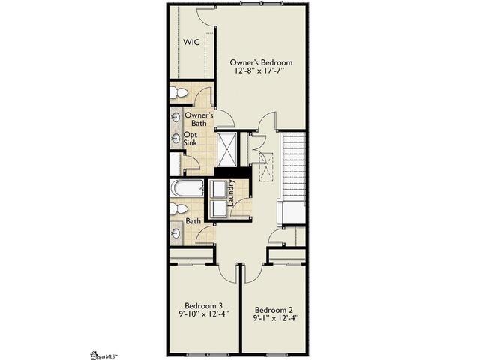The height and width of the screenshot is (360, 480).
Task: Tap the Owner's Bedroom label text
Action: tap(261, 61)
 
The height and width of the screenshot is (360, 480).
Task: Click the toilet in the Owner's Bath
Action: tap(178, 93)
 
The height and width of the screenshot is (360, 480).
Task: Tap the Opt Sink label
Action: tap(191, 139)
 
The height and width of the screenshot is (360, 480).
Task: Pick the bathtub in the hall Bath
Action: tap(187, 189)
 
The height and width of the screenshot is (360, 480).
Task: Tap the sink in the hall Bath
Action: tap(175, 233)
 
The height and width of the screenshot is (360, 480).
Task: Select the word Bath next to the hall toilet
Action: tap(193, 221)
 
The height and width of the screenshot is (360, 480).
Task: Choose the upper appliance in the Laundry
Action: tap(219, 190)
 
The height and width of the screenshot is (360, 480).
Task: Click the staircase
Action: tap(294, 169)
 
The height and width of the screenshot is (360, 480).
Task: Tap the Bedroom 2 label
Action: tap(273, 309)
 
